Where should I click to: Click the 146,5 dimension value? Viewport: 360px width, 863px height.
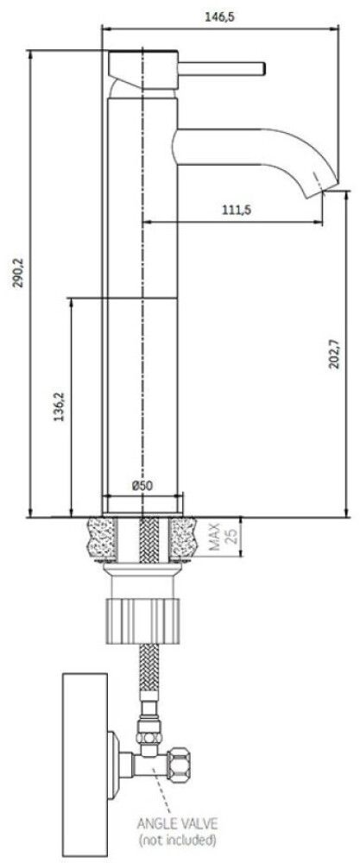pyautogui.click(x=219, y=17)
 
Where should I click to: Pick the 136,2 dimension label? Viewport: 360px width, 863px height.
pyautogui.click(x=59, y=406)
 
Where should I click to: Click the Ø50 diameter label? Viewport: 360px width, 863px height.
pyautogui.click(x=142, y=485)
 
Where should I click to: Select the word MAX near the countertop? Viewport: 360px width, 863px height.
pyautogui.click(x=215, y=537)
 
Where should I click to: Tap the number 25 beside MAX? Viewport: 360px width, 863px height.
pyautogui.click(x=231, y=537)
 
